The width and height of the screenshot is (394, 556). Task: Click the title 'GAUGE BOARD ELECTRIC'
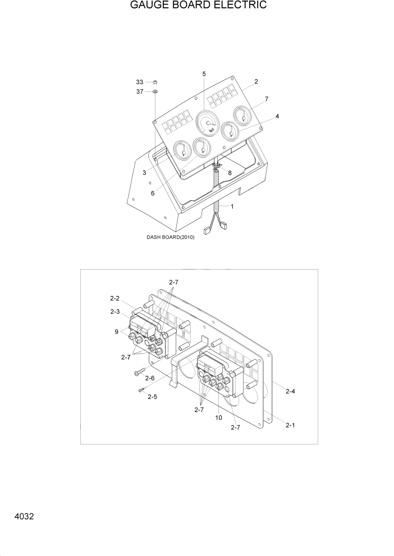pyautogui.click(x=190, y=6)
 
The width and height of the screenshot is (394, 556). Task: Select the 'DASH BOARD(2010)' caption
pyautogui.click(x=171, y=238)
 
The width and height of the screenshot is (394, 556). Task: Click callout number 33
pyautogui.click(x=140, y=82)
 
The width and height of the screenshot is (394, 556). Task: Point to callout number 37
pyautogui.click(x=140, y=91)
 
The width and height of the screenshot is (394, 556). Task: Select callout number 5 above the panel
pyautogui.click(x=204, y=74)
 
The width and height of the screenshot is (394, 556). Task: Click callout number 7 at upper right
pyautogui.click(x=266, y=99)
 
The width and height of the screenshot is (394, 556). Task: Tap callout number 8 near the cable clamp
pyautogui.click(x=229, y=173)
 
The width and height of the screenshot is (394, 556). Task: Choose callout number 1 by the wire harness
pyautogui.click(x=232, y=207)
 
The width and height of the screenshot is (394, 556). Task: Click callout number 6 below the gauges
pyautogui.click(x=152, y=193)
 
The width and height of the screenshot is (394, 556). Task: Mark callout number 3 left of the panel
pyautogui.click(x=144, y=173)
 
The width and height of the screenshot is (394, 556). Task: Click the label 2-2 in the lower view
pyautogui.click(x=114, y=298)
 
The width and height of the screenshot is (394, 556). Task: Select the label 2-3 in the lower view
pyautogui.click(x=114, y=311)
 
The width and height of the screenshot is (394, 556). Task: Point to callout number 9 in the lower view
pyautogui.click(x=117, y=332)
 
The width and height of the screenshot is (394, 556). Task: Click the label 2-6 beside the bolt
pyautogui.click(x=149, y=378)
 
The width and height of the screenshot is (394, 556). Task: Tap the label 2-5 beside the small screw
pyautogui.click(x=152, y=397)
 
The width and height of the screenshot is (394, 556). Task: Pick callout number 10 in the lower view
pyautogui.click(x=218, y=418)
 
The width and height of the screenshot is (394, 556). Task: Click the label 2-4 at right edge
pyautogui.click(x=290, y=392)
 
